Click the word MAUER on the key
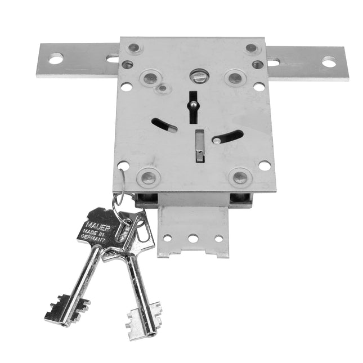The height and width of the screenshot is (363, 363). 98,227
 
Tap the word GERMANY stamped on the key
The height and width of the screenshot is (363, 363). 93,239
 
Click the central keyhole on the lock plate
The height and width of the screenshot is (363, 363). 193,107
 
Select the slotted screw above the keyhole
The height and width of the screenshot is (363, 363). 199,76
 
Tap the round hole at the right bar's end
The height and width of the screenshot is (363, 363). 329,62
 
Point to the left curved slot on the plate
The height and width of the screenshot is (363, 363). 164,126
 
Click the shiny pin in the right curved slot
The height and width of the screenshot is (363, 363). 217,140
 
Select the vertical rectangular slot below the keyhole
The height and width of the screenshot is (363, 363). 200,146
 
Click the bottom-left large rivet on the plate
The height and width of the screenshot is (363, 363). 149,178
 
